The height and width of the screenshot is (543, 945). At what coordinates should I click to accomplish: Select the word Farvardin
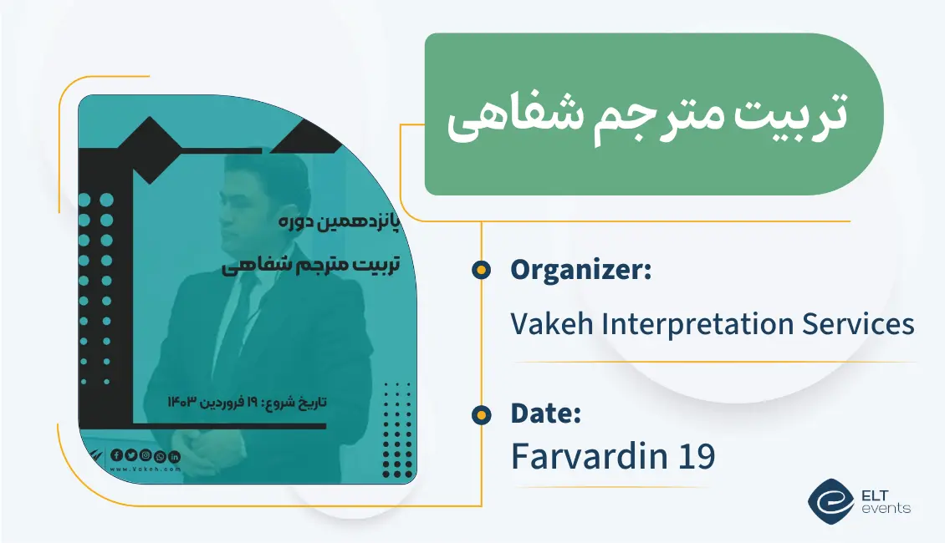pyautogui.click(x=585, y=456)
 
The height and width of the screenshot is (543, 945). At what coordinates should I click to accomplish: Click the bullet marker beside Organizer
pyautogui.click(x=481, y=270)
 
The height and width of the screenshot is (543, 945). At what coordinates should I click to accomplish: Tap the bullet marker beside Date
pyautogui.click(x=481, y=414)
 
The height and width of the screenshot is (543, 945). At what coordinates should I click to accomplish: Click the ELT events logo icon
pyautogui.click(x=830, y=499)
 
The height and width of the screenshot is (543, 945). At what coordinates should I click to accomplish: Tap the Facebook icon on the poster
pyautogui.click(x=116, y=455)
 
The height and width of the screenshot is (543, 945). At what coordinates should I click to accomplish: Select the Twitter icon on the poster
pyautogui.click(x=130, y=455)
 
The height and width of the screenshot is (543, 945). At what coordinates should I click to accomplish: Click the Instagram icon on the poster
pyautogui.click(x=146, y=455)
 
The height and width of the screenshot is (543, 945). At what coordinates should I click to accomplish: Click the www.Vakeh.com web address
pyautogui.click(x=146, y=469)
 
